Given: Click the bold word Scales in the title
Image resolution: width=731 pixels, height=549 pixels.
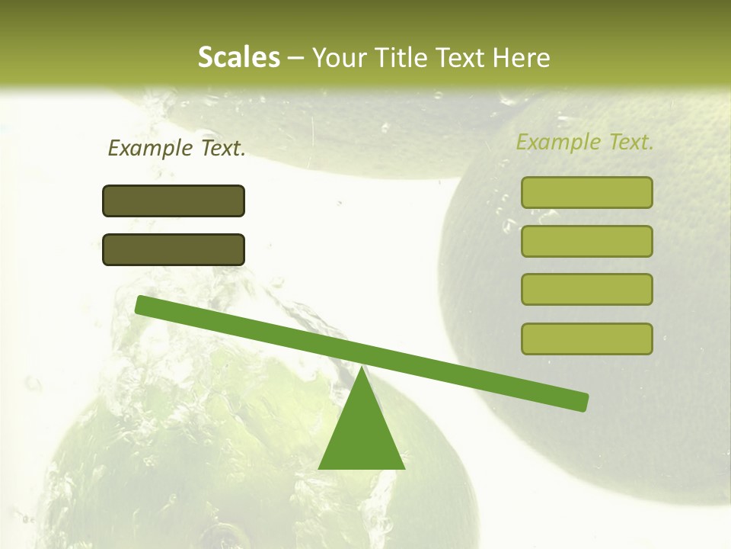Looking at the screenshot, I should [238, 58].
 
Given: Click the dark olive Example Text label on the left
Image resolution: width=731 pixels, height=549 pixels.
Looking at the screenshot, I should [177, 148].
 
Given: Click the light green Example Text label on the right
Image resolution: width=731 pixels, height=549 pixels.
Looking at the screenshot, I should [585, 142].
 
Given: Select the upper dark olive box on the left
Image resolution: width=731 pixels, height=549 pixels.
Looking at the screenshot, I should [174, 201].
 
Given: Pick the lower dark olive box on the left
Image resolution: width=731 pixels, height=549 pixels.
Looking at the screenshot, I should [174, 249].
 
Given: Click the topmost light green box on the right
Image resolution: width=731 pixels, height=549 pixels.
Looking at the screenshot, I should [587, 192].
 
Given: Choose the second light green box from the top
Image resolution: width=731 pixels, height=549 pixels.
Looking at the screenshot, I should [587, 241].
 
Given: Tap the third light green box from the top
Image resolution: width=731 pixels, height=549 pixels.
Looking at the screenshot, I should [587, 289].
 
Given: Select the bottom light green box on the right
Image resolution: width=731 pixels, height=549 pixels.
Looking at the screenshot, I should [587, 339].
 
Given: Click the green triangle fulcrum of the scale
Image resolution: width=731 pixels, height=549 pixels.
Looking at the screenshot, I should [362, 435].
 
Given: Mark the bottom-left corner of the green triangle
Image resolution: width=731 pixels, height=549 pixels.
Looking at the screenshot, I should [320, 468].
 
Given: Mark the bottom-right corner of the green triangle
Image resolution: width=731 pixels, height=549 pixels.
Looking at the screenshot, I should [404, 468].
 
